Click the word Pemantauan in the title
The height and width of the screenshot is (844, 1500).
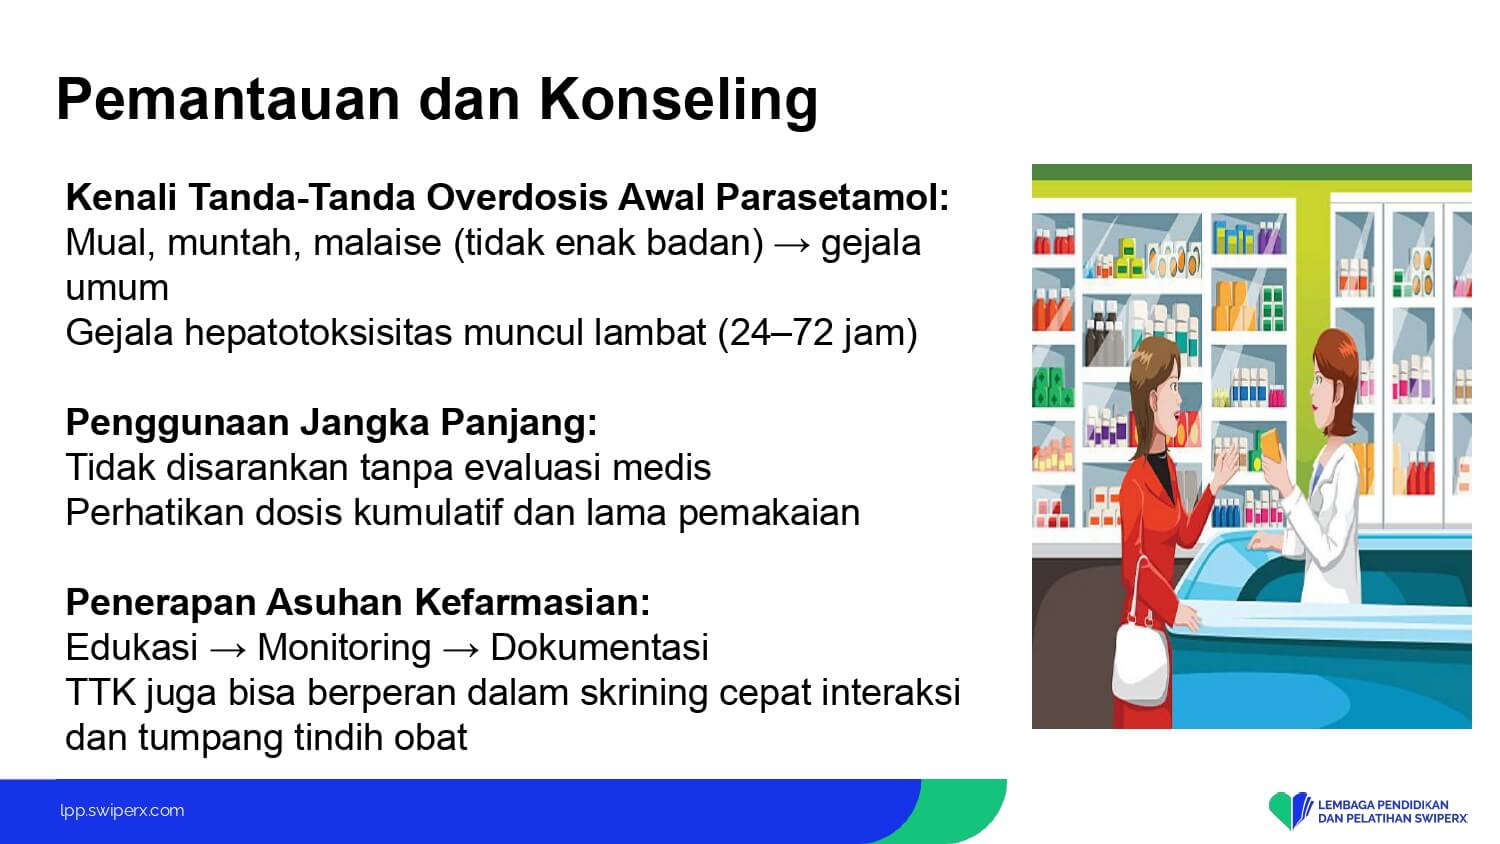228,99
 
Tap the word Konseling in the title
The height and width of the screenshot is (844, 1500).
678,100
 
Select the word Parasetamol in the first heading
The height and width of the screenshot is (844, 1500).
832,198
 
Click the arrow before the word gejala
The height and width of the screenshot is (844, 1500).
792,244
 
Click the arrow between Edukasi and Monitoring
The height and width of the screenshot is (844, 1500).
228,649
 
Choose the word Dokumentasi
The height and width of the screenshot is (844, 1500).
599,648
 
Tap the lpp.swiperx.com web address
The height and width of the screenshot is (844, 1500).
122,811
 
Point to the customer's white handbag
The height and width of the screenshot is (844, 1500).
1140,663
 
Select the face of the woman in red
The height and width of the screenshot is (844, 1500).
1167,395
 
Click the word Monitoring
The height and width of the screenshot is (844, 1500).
344,649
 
